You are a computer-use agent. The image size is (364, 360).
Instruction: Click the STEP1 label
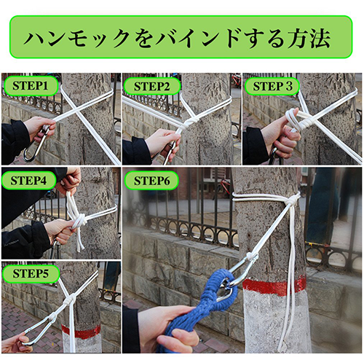click(30, 87)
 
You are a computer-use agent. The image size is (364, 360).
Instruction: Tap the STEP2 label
click(151, 87)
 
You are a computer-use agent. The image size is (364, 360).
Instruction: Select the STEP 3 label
click(272, 87)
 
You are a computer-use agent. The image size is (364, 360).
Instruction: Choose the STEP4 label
click(30, 179)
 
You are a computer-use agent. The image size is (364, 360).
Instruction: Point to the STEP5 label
click(30, 274)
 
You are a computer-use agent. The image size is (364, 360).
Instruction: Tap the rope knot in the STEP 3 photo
click(295, 120)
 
